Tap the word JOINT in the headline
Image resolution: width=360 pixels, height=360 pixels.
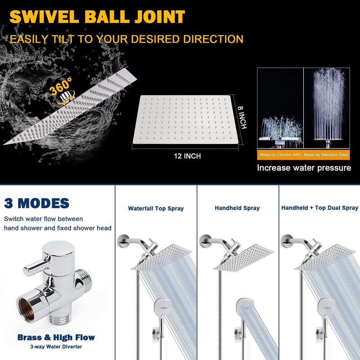160,17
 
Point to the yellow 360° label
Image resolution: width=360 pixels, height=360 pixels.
61,86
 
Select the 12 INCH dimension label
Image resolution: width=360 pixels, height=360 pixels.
187,156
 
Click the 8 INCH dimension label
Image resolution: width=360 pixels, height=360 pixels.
242,117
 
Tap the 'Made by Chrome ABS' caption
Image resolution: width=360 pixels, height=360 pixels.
280,155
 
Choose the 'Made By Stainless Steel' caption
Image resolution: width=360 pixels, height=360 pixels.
326,155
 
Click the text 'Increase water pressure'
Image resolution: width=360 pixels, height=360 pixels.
304,168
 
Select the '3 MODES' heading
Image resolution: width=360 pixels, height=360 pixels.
37,203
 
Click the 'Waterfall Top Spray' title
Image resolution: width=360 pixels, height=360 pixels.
156,208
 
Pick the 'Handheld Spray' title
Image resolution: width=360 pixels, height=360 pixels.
237,208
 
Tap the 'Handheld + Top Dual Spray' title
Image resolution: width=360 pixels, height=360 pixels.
320,208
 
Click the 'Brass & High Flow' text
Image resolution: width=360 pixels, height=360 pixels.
56,337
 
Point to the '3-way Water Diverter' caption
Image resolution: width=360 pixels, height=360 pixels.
56,346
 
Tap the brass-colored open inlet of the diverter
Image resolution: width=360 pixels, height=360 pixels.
26,308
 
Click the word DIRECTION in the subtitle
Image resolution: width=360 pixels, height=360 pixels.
213,39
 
